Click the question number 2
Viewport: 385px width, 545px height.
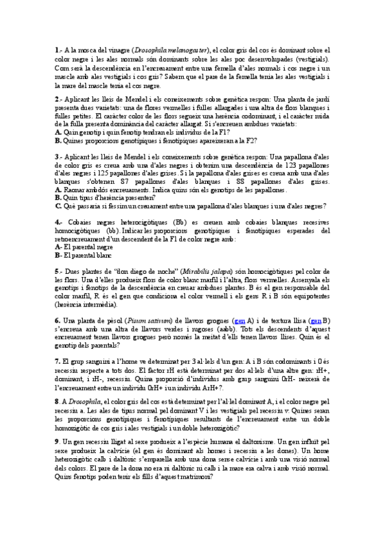point(58,99)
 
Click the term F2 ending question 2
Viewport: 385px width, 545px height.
point(247,139)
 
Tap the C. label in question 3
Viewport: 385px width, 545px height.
point(58,206)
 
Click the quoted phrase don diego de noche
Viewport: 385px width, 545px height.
point(123,272)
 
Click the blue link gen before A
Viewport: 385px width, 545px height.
point(240,320)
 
